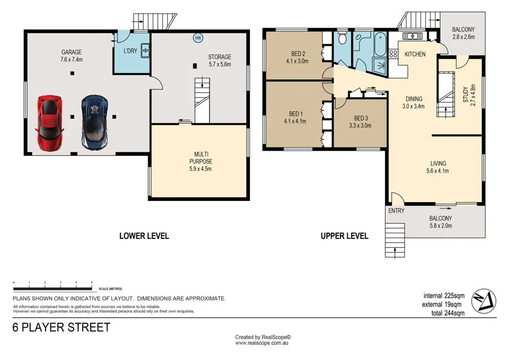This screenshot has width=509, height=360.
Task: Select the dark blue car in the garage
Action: tap(94, 122)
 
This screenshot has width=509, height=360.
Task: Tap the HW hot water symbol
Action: tap(198, 38)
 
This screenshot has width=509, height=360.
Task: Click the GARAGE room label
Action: tap(72, 52)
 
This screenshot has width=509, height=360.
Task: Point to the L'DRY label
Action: tap(130, 52)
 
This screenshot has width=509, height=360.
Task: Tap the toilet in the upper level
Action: tap(342, 40)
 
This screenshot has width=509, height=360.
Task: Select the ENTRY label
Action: tap(396, 211)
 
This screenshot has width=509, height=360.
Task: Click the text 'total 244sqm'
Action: tap(444, 312)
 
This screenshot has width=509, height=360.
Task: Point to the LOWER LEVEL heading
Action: tap(144, 235)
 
